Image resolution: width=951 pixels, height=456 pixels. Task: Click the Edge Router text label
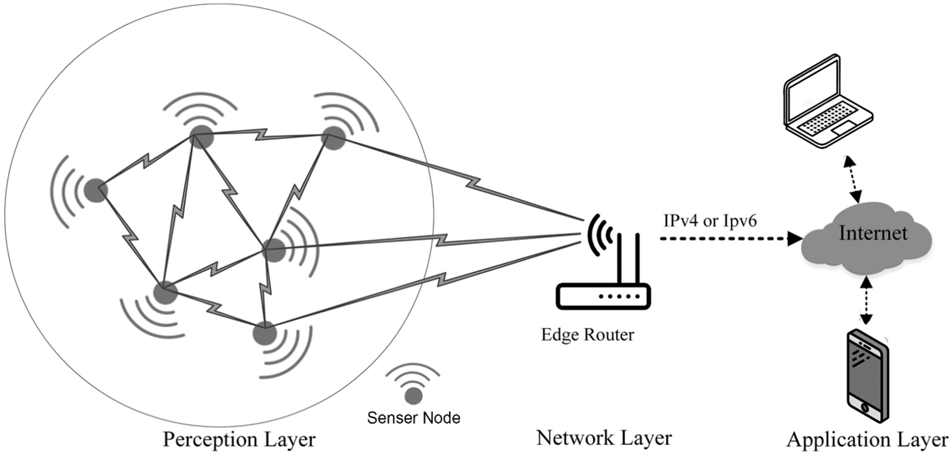click(x=587, y=335)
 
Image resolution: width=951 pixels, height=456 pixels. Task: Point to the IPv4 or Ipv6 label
click(x=710, y=221)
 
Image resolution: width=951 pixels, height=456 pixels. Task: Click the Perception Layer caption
click(x=239, y=439)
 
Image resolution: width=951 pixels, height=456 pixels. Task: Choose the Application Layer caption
click(x=867, y=439)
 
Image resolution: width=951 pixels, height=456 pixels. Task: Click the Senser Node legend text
click(x=413, y=418)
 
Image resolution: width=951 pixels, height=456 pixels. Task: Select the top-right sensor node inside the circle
click(x=333, y=138)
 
